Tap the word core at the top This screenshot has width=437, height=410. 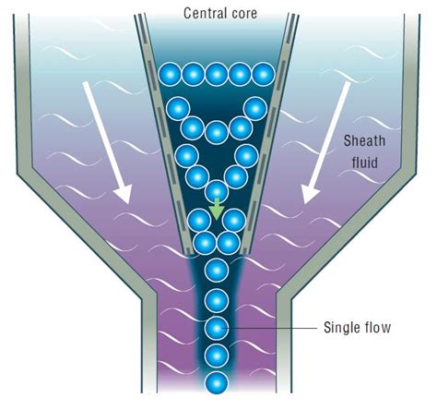[241, 14]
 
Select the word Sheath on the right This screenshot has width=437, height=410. [362, 140]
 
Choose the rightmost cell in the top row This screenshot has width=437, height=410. [264, 73]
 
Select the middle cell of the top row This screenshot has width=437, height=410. [217, 73]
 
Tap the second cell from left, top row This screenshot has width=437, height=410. [193, 73]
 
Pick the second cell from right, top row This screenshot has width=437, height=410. [241, 73]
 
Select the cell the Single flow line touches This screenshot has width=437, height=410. [217, 327]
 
